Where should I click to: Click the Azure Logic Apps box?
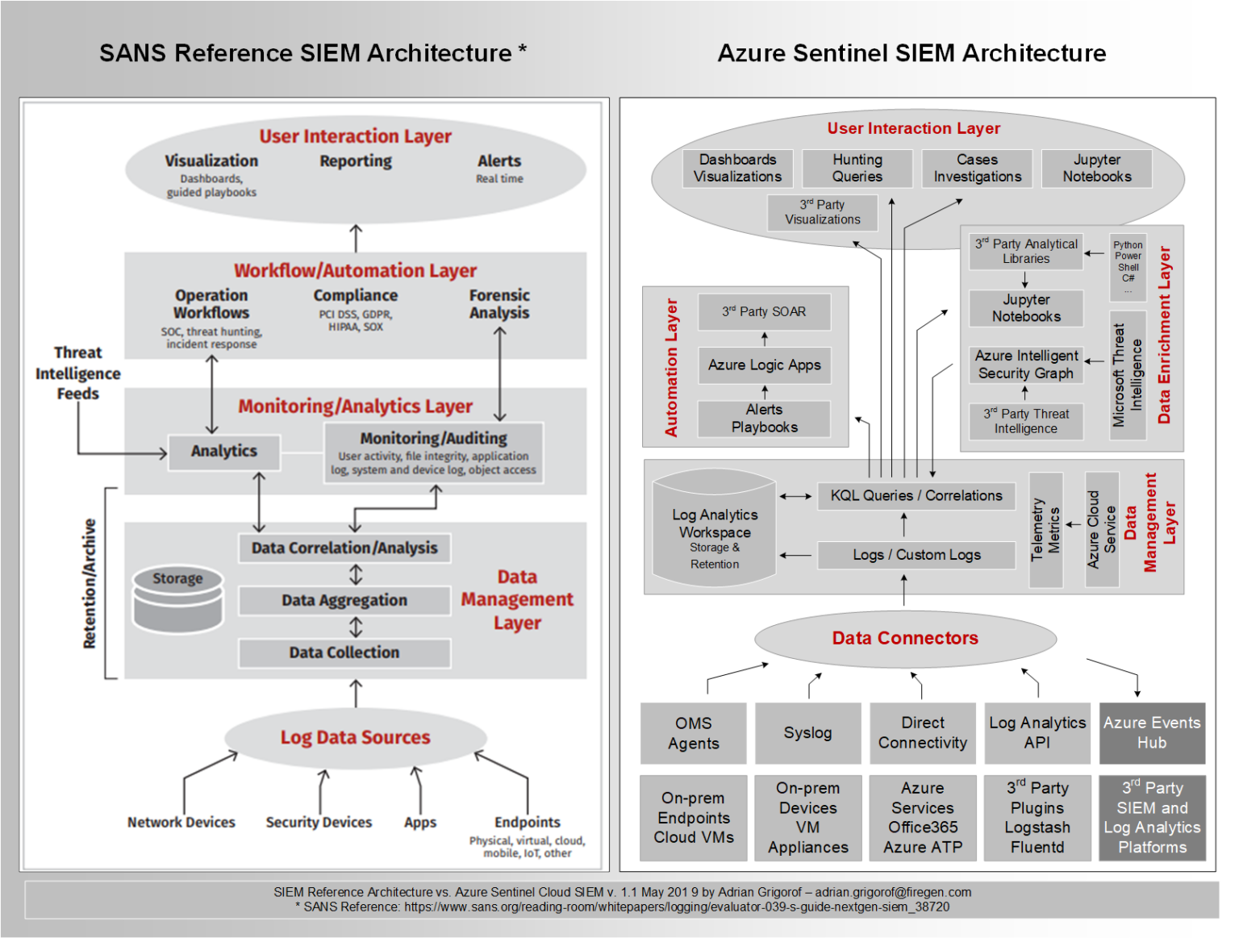(x=764, y=365)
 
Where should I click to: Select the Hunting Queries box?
(x=857, y=169)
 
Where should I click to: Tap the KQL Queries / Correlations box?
(x=916, y=496)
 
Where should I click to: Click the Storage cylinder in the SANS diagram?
(x=177, y=600)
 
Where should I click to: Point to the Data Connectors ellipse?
(x=905, y=639)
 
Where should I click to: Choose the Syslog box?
(x=807, y=733)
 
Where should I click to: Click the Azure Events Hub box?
(x=1151, y=733)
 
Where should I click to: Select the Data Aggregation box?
(x=344, y=601)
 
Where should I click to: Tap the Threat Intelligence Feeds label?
(x=77, y=373)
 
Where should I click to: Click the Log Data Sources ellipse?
(x=356, y=738)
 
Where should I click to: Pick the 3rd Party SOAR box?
(x=764, y=312)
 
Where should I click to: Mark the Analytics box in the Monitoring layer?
(x=224, y=452)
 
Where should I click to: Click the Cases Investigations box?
(x=977, y=169)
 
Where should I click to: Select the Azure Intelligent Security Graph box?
(x=1026, y=365)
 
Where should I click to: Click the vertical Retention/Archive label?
(x=90, y=583)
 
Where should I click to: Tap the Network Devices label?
(x=181, y=823)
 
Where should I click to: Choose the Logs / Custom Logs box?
(x=916, y=555)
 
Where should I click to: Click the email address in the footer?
(x=893, y=893)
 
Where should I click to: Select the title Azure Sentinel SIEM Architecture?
(x=912, y=53)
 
